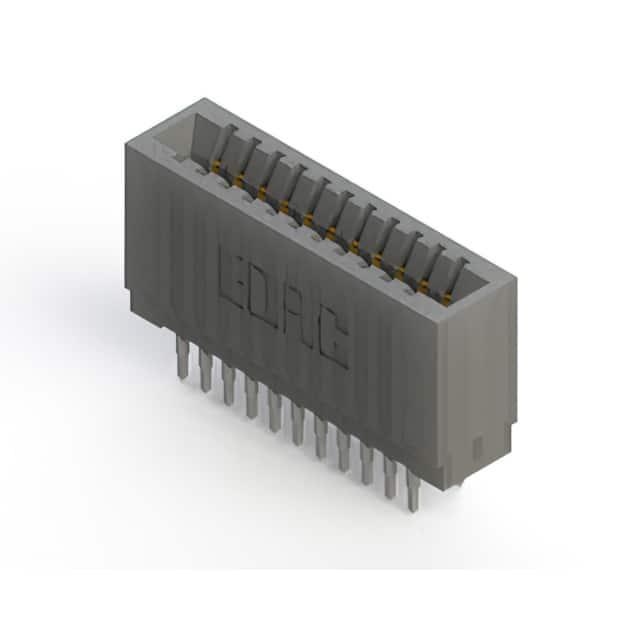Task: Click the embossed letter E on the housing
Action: (232, 278)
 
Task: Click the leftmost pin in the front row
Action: (182, 358)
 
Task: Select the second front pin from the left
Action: (206, 371)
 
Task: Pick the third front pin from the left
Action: (229, 384)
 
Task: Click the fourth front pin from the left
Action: (251, 397)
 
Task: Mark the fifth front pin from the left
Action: (275, 410)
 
